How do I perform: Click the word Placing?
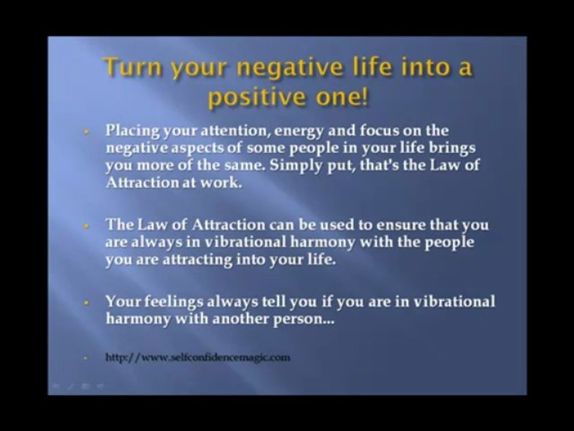point(133,131)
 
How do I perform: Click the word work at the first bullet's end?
point(221,182)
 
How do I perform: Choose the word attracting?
point(197,260)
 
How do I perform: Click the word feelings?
point(174,302)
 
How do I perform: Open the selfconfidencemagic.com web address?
point(198,357)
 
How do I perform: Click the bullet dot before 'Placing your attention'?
point(86,132)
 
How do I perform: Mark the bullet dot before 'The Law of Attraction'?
point(86,226)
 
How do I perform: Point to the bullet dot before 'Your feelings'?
point(86,303)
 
